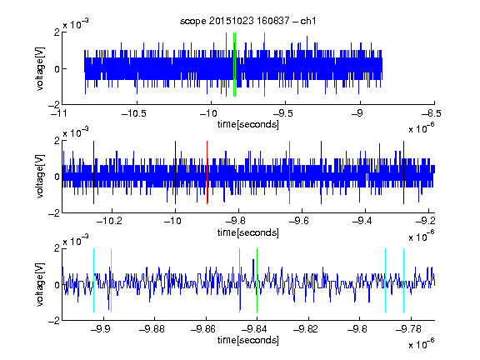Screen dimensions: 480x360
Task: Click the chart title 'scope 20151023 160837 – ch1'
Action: (x=248, y=21)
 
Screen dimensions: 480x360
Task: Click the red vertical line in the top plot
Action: (x=226, y=64)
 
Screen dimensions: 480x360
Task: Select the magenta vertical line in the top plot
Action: (x=264, y=64)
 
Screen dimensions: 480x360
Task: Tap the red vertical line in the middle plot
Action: (x=207, y=172)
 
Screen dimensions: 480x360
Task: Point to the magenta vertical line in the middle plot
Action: (x=289, y=172)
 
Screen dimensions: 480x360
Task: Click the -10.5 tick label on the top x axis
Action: (x=134, y=113)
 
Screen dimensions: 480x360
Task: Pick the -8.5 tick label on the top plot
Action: (x=432, y=113)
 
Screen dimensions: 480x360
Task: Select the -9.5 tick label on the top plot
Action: (x=282, y=113)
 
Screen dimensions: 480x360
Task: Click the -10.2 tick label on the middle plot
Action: (x=109, y=221)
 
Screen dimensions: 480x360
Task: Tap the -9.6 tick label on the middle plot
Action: (x=298, y=221)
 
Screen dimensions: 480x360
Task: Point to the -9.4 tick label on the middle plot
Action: (x=362, y=221)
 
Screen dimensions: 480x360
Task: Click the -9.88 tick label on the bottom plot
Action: (x=152, y=329)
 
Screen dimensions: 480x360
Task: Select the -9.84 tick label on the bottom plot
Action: (x=254, y=329)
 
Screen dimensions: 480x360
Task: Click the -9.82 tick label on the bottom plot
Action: (x=306, y=329)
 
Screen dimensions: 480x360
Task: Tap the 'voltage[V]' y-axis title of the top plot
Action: (x=40, y=68)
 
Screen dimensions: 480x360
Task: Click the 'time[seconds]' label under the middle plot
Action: (x=248, y=232)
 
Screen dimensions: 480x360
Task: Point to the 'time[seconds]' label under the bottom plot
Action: (x=248, y=340)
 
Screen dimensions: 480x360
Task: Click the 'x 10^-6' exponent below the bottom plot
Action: (x=422, y=343)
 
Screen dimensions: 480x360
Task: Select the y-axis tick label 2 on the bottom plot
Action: (x=57, y=248)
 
